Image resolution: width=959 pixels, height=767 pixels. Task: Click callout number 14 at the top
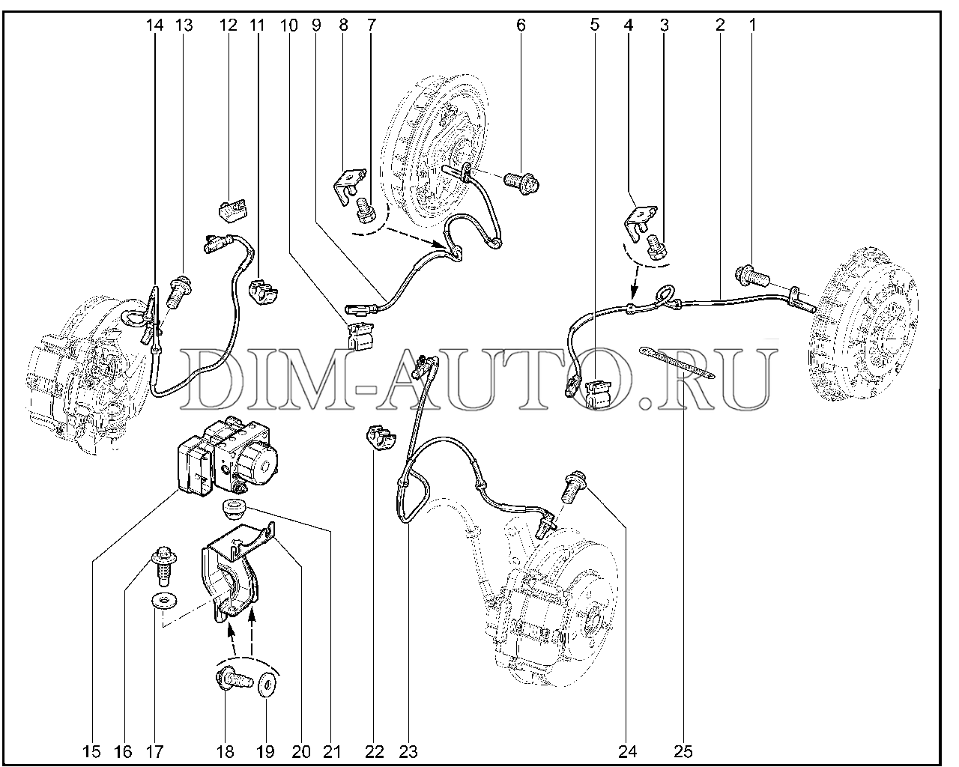coord(154,25)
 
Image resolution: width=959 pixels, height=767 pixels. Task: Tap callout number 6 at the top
coord(521,25)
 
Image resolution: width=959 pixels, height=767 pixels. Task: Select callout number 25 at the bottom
coord(683,752)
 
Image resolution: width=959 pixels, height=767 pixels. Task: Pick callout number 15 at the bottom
coord(91,752)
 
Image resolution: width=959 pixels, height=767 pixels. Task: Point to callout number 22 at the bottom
coord(375,752)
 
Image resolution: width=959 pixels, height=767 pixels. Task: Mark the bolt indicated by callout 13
coord(180,291)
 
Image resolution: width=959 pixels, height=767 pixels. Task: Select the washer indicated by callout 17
coord(164,600)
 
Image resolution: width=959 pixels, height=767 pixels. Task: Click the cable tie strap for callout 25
coord(677,363)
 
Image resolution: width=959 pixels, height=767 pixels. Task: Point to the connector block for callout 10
coord(360,337)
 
